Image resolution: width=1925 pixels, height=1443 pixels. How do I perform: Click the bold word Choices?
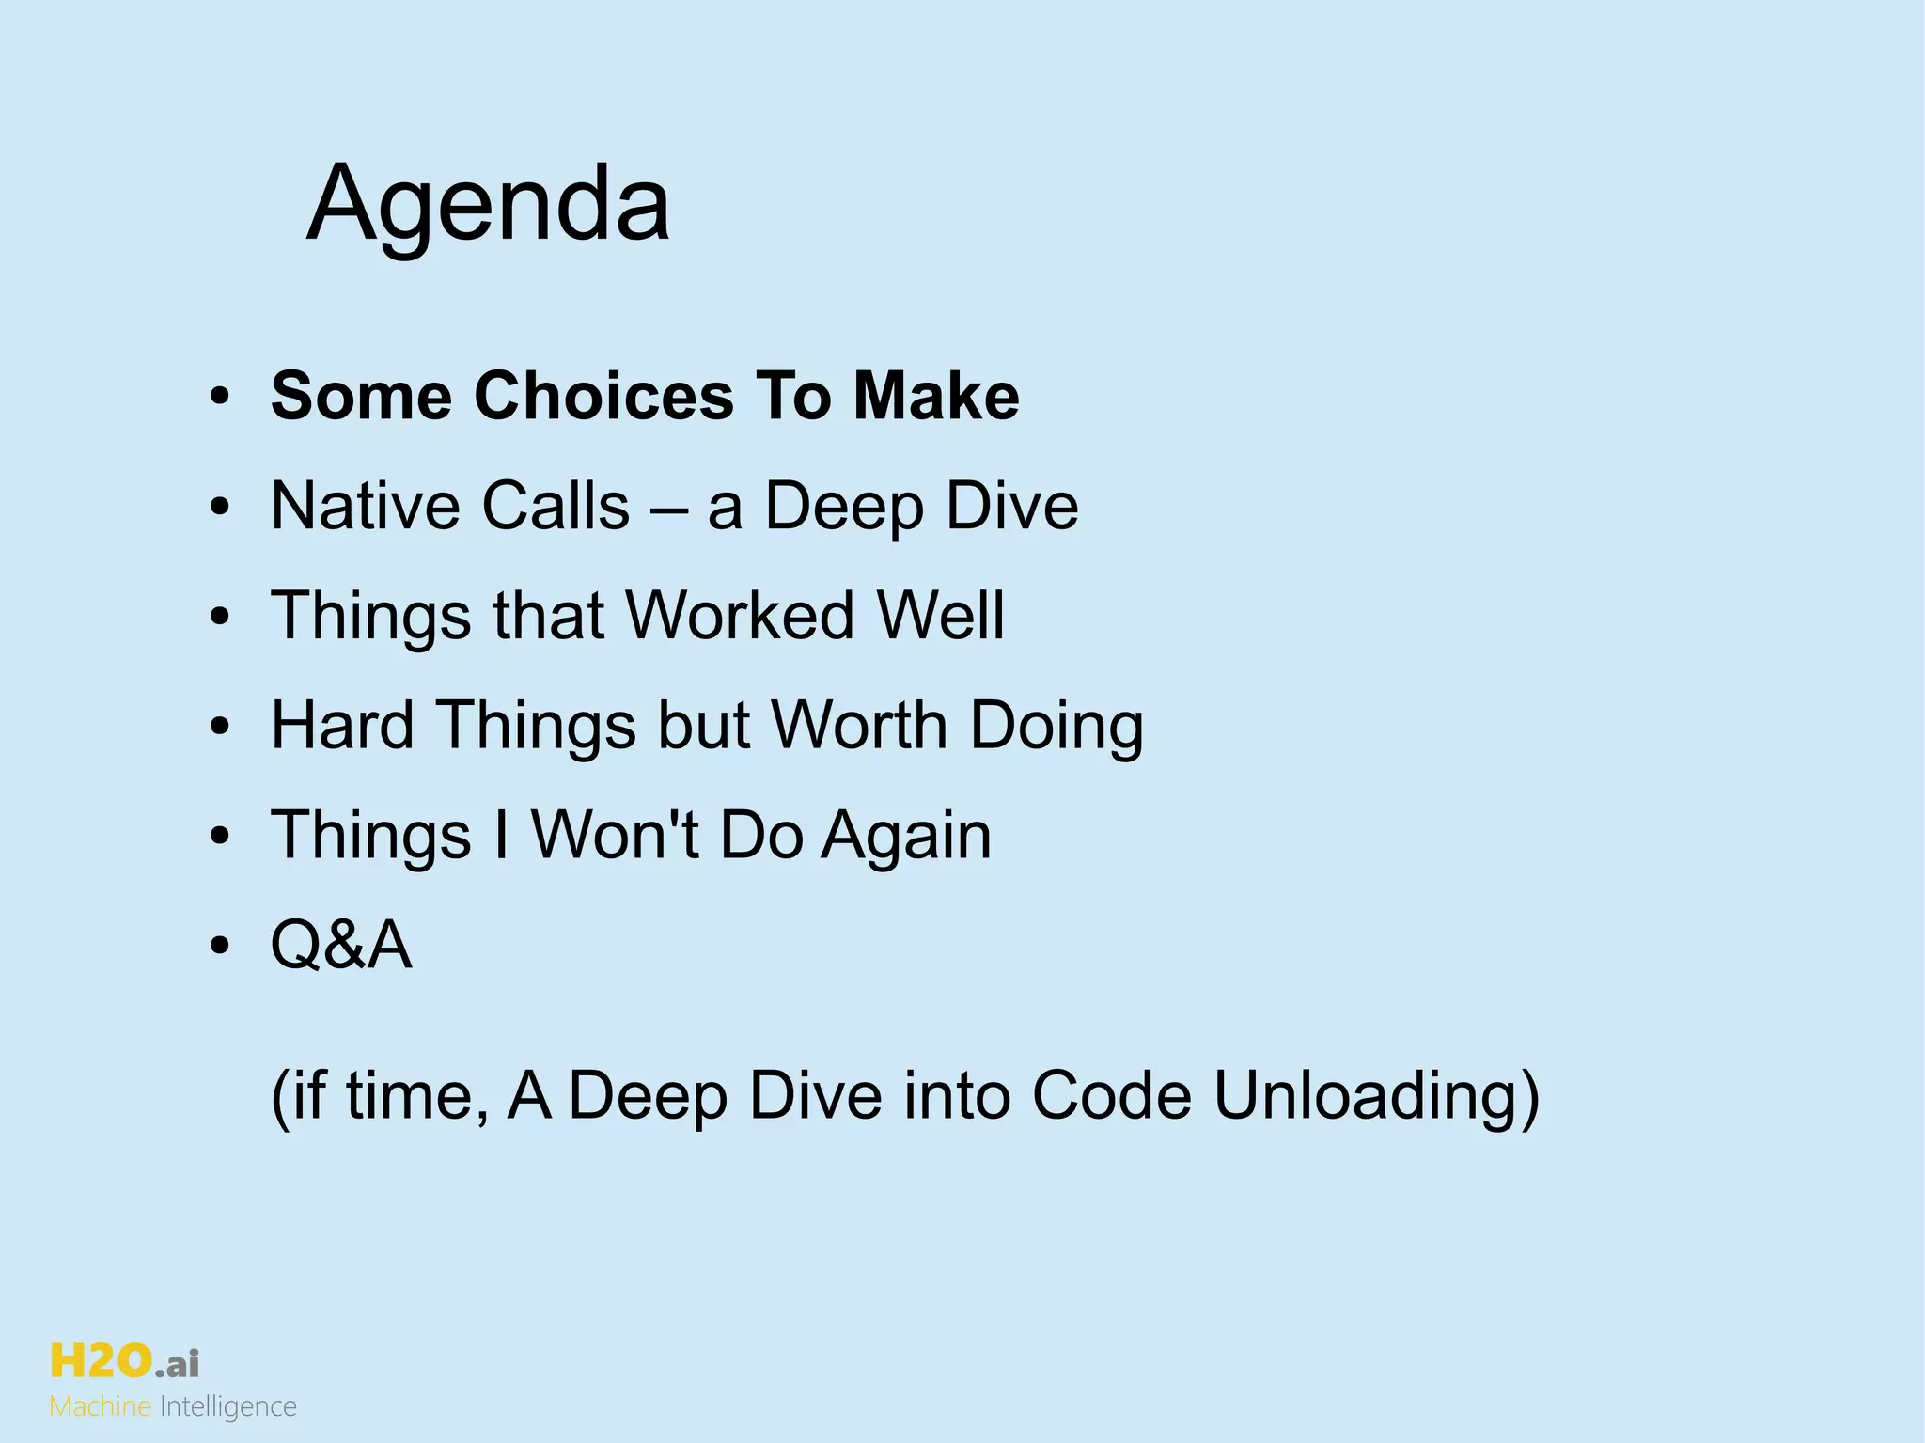point(603,396)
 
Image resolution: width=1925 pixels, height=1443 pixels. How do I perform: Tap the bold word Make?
point(935,396)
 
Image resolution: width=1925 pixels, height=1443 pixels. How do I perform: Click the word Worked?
point(740,616)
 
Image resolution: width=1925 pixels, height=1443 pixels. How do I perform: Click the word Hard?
point(342,726)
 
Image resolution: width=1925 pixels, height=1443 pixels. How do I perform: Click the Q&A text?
point(341,945)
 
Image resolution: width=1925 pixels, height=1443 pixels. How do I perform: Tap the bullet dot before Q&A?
point(220,947)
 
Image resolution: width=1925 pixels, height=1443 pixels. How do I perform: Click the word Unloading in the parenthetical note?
point(1376,1097)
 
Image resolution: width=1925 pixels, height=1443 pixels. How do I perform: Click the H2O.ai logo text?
point(124,1361)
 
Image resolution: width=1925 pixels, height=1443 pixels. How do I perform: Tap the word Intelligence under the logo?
point(228,1407)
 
